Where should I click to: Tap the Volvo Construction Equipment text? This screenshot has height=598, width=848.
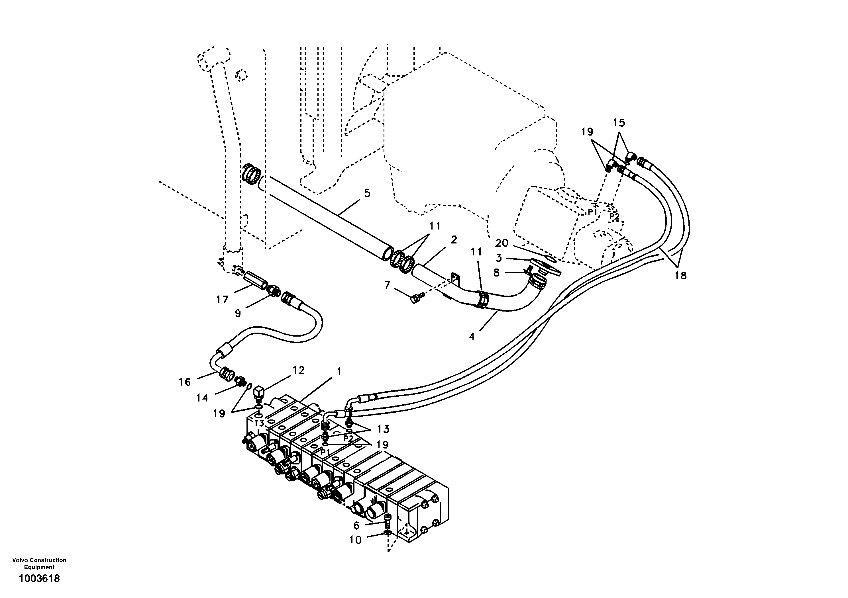(x=39, y=564)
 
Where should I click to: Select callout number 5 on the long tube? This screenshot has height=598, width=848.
(x=367, y=193)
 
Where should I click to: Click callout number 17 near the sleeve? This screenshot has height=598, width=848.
(x=222, y=299)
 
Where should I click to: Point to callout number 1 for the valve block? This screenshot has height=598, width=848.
(x=339, y=372)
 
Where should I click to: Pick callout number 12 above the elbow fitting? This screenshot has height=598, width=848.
(x=298, y=370)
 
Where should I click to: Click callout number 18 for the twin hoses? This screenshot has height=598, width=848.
(x=680, y=275)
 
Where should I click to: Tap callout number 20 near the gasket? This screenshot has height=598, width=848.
(x=502, y=243)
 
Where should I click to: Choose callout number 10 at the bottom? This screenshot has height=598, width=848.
(x=355, y=540)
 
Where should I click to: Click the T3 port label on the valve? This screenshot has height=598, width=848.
(x=259, y=423)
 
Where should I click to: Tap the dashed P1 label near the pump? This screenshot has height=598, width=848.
(x=592, y=212)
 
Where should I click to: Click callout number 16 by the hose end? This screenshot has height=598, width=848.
(x=185, y=382)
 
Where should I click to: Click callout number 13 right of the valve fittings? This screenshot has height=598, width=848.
(x=383, y=429)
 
